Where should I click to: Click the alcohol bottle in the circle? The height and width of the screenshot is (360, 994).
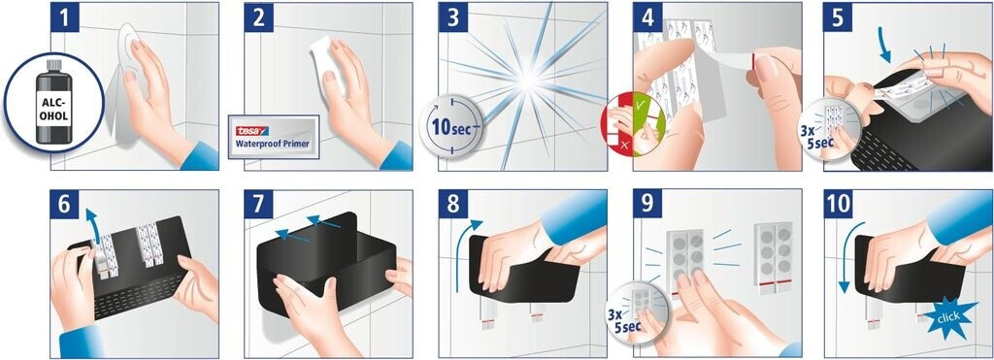click(x=54, y=101)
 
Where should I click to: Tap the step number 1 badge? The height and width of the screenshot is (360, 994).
click(x=65, y=17)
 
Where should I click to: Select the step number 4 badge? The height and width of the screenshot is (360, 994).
click(x=647, y=17)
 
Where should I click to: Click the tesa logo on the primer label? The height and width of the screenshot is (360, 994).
click(x=251, y=131)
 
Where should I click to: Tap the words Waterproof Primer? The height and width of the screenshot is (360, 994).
click(x=273, y=144)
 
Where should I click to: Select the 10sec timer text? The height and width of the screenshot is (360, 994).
click(x=452, y=126)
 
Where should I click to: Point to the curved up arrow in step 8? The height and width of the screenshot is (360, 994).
click(x=461, y=253)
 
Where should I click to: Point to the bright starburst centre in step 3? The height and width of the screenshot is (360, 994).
click(x=529, y=82)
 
